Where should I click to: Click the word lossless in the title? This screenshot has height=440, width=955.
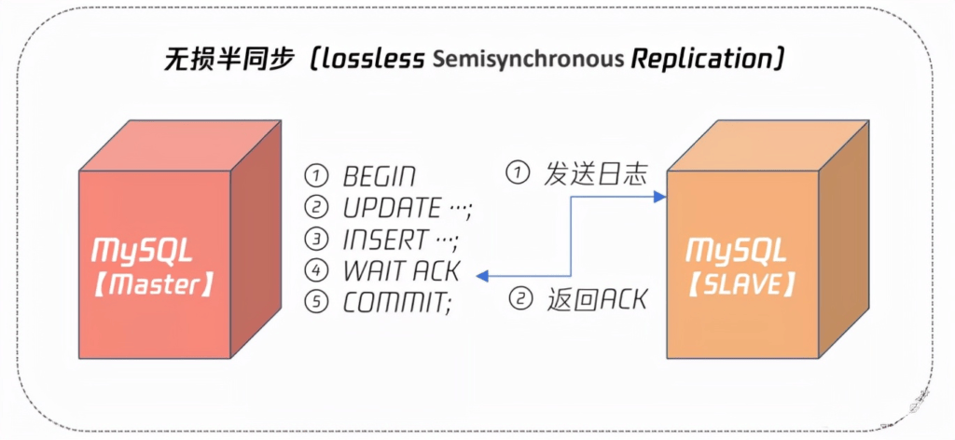tap(370, 59)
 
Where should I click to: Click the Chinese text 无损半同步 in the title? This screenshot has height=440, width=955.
tap(234, 59)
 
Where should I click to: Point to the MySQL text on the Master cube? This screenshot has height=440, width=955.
tap(142, 251)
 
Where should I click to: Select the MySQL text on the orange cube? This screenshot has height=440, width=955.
tap(736, 251)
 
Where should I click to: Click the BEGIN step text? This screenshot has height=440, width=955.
tap(379, 176)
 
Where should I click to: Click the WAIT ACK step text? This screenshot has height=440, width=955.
tap(400, 271)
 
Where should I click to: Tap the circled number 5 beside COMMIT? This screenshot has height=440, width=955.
tap(317, 303)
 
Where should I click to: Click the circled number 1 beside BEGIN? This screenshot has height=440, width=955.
tap(317, 176)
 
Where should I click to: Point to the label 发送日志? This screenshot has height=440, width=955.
tap(594, 174)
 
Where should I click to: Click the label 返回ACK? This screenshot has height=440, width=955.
tap(594, 299)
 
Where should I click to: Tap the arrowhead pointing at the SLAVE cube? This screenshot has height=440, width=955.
tap(660, 197)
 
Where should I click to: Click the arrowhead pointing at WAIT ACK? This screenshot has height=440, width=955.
tap(482, 276)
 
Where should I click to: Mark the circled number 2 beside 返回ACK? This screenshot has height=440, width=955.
tap(519, 299)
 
